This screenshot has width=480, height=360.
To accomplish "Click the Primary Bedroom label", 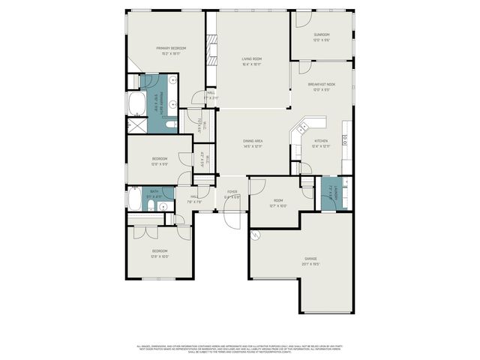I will click(171, 49).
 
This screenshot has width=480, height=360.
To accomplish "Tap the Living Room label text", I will click(251, 58).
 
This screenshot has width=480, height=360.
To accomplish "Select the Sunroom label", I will click(322, 34).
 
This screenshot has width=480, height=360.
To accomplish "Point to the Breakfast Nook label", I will click(321, 85).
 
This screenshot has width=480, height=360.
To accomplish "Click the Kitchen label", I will click(321, 141).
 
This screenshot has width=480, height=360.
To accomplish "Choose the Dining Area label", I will click(252, 141).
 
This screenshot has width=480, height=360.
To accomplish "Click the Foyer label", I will click(232, 192).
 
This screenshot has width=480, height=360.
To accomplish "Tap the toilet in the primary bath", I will click(169, 124).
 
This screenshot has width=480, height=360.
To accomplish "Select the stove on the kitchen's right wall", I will click(344, 139).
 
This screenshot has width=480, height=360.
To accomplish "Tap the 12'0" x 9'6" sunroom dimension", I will click(322, 40).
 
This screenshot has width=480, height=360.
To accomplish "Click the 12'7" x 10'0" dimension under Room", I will click(277, 206).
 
